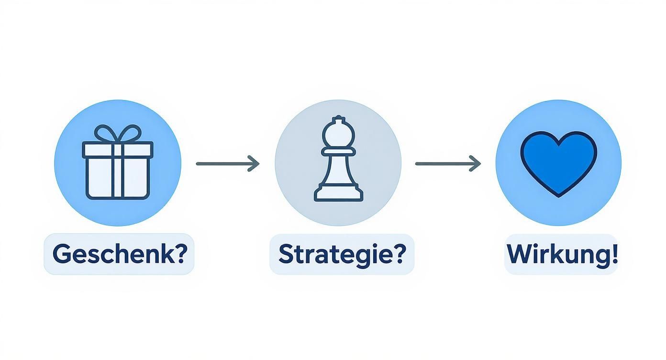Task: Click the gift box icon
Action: (x=117, y=165)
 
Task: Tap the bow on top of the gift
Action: (x=117, y=133)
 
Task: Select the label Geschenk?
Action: (x=119, y=254)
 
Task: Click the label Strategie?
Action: (x=342, y=254)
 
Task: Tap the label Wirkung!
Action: (x=562, y=254)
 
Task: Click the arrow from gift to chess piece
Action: (x=227, y=164)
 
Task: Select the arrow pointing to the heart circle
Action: (x=447, y=164)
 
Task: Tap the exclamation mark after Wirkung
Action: (x=614, y=254)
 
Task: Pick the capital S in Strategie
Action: (x=285, y=254)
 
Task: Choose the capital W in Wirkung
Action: (x=519, y=254)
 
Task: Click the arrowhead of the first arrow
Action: (x=255, y=164)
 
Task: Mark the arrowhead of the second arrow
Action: (x=476, y=164)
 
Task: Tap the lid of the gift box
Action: (x=117, y=149)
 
